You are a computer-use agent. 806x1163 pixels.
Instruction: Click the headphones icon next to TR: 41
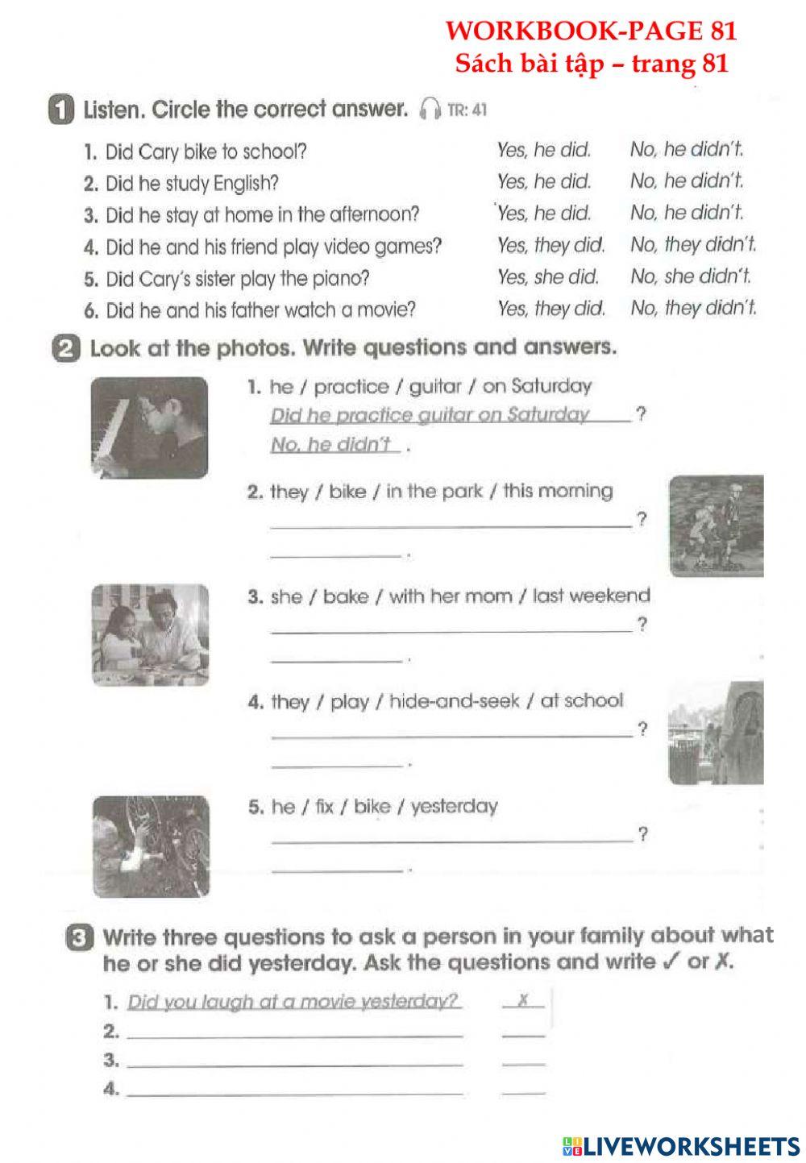click(x=431, y=109)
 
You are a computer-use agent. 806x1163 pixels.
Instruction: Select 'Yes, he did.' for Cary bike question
click(x=544, y=150)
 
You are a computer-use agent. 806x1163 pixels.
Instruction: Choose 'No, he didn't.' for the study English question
click(x=687, y=181)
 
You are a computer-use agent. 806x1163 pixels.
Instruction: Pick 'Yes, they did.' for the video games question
click(x=550, y=245)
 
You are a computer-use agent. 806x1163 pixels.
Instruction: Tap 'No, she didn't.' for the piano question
click(x=691, y=277)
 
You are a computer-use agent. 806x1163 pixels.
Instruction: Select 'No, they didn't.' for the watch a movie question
click(x=693, y=308)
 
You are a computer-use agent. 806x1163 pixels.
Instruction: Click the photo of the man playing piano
click(x=149, y=427)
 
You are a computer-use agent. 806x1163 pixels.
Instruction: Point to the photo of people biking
click(x=716, y=525)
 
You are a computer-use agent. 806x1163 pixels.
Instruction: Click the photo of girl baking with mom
click(x=150, y=635)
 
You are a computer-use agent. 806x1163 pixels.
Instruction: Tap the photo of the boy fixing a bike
click(x=151, y=846)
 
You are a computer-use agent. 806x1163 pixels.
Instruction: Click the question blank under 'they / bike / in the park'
click(x=451, y=520)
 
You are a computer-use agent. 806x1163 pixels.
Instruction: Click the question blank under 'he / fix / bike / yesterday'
click(x=451, y=835)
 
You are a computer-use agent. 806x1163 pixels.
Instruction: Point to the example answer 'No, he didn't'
click(x=335, y=444)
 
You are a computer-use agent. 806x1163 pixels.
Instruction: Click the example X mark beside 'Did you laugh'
click(x=522, y=1000)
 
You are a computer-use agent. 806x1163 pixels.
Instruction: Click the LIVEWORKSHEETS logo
click(x=681, y=1145)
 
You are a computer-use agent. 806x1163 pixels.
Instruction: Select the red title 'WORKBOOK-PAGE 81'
click(x=591, y=31)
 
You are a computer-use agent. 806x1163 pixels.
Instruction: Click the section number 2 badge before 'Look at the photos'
click(x=69, y=350)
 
